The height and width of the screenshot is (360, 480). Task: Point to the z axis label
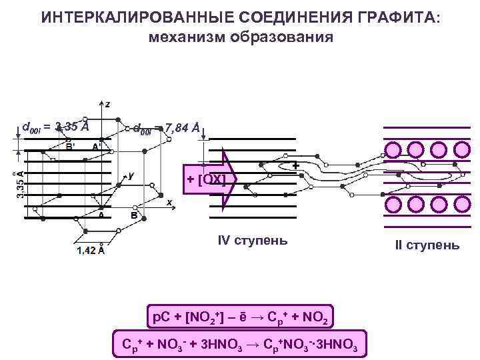107,104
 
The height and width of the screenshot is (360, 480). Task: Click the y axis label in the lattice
131,175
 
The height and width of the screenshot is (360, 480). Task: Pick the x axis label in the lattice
169,202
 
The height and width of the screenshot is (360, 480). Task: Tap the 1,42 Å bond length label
91,251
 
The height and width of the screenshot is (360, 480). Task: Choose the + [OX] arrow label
207,180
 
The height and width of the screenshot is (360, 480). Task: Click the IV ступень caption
253,240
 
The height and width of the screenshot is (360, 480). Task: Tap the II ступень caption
427,245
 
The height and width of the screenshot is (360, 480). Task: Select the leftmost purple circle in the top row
391,151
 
